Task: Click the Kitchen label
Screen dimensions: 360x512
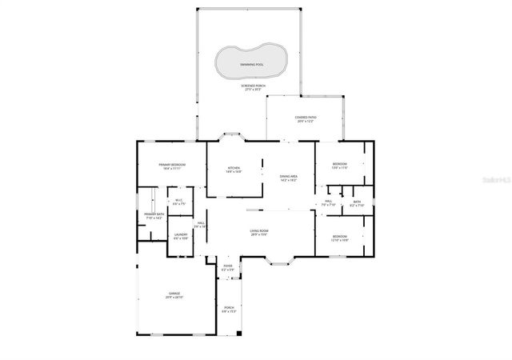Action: point(233,169)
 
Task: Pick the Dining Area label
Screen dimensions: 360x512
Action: point(288,178)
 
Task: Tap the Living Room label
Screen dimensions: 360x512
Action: point(259,232)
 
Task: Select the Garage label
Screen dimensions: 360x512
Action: point(174,295)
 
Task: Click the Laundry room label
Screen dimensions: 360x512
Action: point(181,236)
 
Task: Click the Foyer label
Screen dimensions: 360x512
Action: point(228,268)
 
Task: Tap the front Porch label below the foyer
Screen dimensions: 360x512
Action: point(229,309)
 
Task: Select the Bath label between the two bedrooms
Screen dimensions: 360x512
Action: point(357,203)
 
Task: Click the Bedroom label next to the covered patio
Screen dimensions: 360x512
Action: point(339,166)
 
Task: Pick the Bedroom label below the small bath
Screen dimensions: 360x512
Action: point(339,238)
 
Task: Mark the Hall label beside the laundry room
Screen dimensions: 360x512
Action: point(201,225)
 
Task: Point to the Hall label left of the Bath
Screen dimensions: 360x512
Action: point(329,203)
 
